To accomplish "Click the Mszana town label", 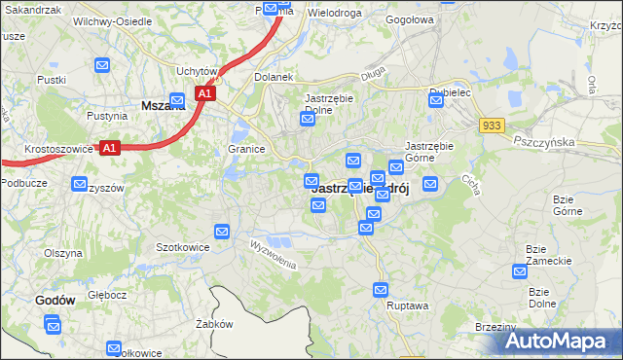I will coord(163,106).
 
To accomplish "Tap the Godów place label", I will coord(55,301).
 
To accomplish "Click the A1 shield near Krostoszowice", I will coord(110,148).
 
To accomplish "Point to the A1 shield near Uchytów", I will coord(203,93).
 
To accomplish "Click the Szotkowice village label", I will coord(184,247).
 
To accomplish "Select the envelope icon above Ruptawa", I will coord(381,289).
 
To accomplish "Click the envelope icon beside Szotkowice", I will coord(222,232).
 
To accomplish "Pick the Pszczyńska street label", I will coord(545,141).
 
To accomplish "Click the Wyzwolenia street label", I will coord(272,252).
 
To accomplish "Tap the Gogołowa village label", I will coord(408,18).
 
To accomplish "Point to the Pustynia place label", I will coord(107,116).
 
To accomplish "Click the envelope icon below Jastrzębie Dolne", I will coord(308,120).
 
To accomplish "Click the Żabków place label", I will coord(213,324).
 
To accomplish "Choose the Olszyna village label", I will coord(62,253).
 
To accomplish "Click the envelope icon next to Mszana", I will coord(177,99).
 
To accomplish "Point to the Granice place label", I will coord(247,149).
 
